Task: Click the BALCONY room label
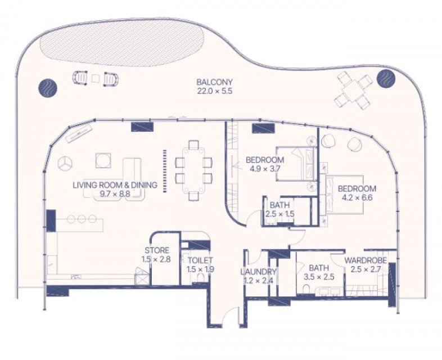(x=214, y=82)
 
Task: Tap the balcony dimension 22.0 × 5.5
(x=214, y=91)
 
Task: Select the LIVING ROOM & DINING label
(x=115, y=185)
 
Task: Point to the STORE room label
(x=157, y=250)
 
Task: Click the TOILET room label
(x=200, y=260)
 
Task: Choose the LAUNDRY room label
(x=258, y=272)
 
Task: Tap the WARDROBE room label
(x=366, y=260)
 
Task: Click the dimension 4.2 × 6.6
(x=357, y=197)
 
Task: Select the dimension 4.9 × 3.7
(x=265, y=169)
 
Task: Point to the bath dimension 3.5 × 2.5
(x=319, y=277)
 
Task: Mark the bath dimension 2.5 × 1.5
(x=279, y=214)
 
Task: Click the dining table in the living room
(x=193, y=170)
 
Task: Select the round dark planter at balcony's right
(x=386, y=78)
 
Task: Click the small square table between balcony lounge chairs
(x=96, y=78)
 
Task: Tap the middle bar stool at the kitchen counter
(x=82, y=219)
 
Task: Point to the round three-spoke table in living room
(x=65, y=164)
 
